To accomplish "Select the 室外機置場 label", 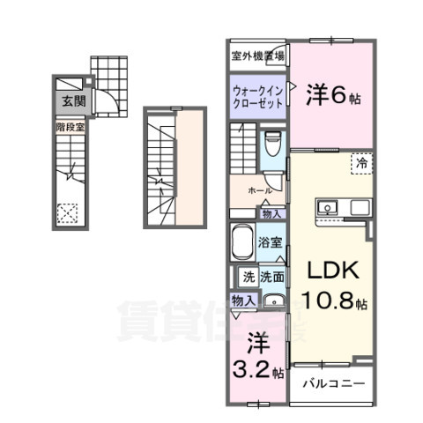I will point(257,56).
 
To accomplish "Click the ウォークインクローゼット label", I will point(258,95).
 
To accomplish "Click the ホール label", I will point(259,190).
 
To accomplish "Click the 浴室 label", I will point(271,241).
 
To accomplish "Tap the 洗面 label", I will point(271,276).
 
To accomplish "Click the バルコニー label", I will point(332,384).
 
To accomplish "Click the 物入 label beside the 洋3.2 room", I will point(244,301).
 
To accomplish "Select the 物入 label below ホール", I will point(271,213).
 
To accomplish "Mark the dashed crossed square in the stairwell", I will point(66,212).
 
